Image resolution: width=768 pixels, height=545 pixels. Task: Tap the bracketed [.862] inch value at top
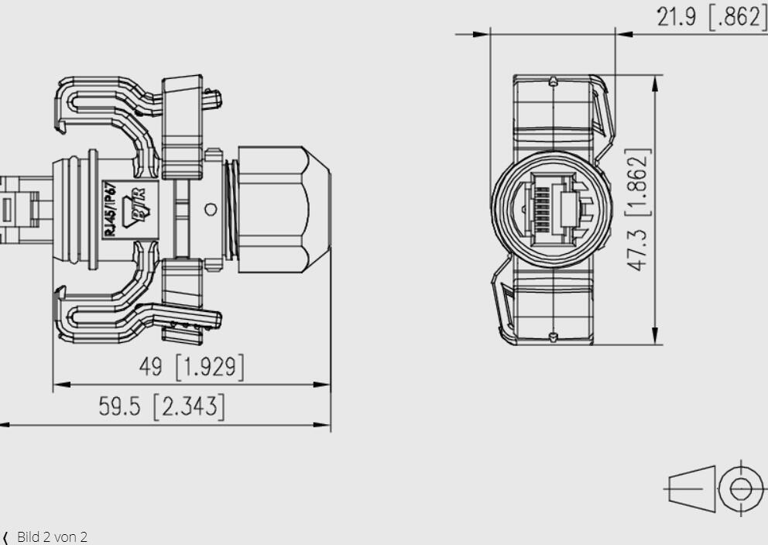737,17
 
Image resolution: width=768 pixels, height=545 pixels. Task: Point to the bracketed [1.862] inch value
638,182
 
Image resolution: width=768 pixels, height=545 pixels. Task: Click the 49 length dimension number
150,367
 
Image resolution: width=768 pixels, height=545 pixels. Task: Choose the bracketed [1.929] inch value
210,367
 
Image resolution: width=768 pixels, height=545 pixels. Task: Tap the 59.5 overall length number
119,406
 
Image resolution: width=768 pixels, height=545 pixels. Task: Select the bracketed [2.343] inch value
189,406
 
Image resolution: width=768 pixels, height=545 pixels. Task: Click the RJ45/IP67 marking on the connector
111,210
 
